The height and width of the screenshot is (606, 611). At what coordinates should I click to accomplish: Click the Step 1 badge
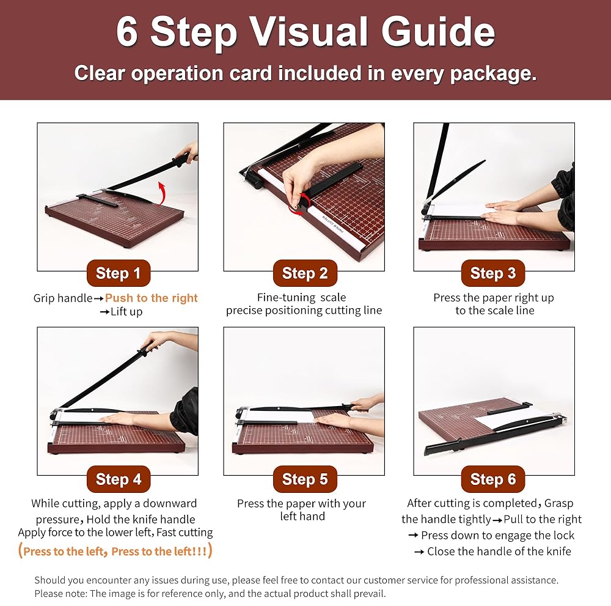click(118, 273)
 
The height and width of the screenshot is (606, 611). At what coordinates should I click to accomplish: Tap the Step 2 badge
click(305, 273)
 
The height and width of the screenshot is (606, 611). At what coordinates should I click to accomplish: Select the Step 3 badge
click(493, 273)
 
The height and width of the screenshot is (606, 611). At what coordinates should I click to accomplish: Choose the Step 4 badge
click(118, 479)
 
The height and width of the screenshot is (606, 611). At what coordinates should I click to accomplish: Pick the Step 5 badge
click(305, 479)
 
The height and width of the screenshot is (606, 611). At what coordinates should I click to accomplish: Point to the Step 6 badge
click(493, 479)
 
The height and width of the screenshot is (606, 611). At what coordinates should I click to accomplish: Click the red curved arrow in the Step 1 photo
click(163, 191)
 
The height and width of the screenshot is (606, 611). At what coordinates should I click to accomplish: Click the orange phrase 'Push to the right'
click(151, 298)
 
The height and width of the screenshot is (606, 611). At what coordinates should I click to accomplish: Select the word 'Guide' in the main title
click(438, 32)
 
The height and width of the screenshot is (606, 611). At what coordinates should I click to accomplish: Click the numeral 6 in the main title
click(127, 32)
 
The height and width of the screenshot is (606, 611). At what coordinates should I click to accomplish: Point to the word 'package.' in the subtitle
click(493, 74)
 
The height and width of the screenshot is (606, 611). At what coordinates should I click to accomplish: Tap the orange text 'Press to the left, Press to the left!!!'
click(115, 551)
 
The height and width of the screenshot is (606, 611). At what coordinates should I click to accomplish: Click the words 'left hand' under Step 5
click(302, 516)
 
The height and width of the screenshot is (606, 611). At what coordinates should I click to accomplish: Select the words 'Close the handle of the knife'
click(499, 552)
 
